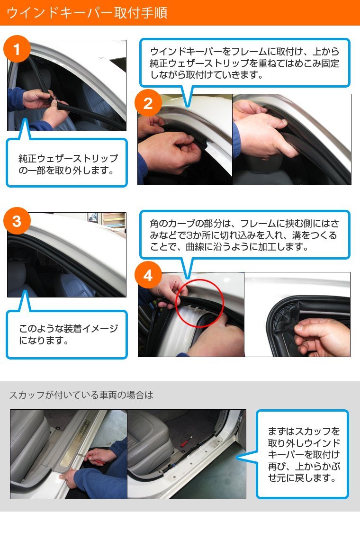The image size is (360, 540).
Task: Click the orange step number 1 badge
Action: [17, 49]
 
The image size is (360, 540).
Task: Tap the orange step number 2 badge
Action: [148, 103]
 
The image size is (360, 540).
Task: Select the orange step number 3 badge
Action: [17, 221]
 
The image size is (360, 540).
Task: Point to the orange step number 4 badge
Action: [148, 275]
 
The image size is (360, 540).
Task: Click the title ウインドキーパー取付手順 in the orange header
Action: [87, 13]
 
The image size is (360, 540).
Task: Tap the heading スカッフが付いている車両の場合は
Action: [81, 395]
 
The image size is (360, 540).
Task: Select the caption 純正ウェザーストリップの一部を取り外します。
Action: [68, 164]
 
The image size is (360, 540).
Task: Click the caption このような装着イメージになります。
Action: [68, 334]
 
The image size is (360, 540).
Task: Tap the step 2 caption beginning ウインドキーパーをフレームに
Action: [244, 63]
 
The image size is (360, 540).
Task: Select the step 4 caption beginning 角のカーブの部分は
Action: [244, 235]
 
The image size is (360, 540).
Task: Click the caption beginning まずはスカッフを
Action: [304, 454]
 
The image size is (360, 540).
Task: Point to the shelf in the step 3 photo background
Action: [113, 220]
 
